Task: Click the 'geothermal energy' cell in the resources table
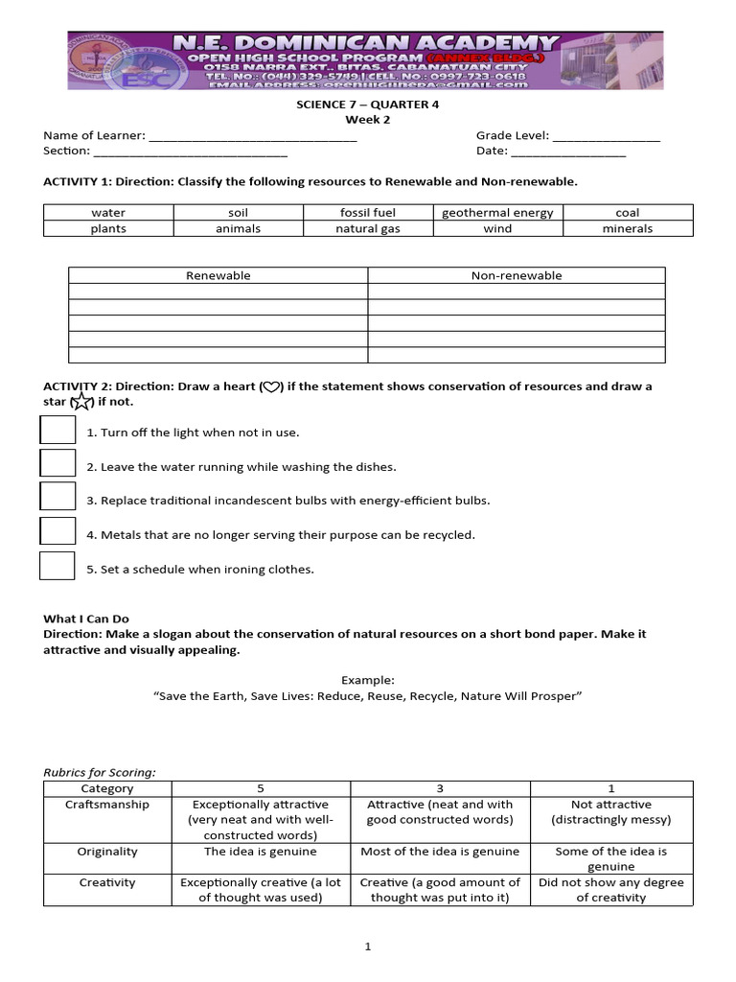pyautogui.click(x=497, y=213)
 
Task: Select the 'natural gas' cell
pyautogui.click(x=367, y=229)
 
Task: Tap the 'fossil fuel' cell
pyautogui.click(x=367, y=213)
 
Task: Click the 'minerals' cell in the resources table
pyautogui.click(x=627, y=229)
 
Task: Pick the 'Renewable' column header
pyautogui.click(x=218, y=275)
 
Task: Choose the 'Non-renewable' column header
pyautogui.click(x=516, y=275)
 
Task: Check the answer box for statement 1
pyautogui.click(x=57, y=430)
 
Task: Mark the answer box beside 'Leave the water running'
pyautogui.click(x=57, y=463)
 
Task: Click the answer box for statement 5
pyautogui.click(x=57, y=566)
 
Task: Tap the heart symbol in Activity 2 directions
pyautogui.click(x=271, y=387)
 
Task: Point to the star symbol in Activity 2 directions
pyautogui.click(x=82, y=402)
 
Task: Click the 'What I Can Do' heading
pyautogui.click(x=85, y=620)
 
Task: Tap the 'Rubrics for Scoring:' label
pyautogui.click(x=100, y=772)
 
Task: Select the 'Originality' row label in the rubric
pyautogui.click(x=107, y=852)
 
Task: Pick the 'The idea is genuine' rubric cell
pyautogui.click(x=261, y=852)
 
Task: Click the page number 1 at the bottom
pyautogui.click(x=367, y=947)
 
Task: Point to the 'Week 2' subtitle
pyautogui.click(x=367, y=120)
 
